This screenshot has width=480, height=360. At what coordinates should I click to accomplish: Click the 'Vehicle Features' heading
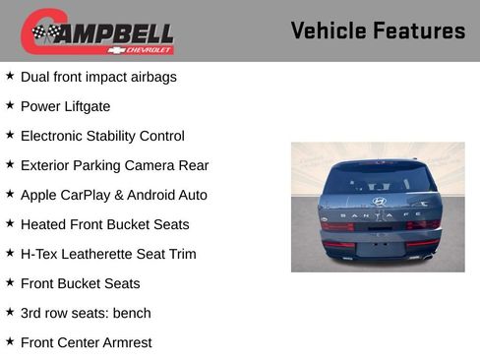tap(378, 30)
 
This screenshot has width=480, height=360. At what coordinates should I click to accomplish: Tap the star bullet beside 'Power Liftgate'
tap(10, 105)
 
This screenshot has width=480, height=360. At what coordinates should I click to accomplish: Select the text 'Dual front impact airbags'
tap(98, 77)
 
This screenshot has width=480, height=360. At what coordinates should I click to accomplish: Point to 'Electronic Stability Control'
tap(102, 136)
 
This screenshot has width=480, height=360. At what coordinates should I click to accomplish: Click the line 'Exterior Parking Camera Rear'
tap(114, 165)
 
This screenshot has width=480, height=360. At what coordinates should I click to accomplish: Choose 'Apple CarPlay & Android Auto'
tap(113, 195)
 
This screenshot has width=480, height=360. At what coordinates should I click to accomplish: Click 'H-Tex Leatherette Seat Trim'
tap(108, 254)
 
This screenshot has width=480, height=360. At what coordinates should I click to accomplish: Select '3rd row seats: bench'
tap(86, 313)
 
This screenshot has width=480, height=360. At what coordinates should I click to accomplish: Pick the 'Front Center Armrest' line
tap(87, 342)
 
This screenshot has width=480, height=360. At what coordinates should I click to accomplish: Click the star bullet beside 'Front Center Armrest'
tap(10, 341)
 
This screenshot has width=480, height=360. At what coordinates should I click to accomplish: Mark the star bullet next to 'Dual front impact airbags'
tap(10, 76)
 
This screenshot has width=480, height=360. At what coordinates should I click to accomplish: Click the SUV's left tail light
tap(336, 225)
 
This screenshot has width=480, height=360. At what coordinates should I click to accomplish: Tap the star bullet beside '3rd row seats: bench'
tap(10, 312)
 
